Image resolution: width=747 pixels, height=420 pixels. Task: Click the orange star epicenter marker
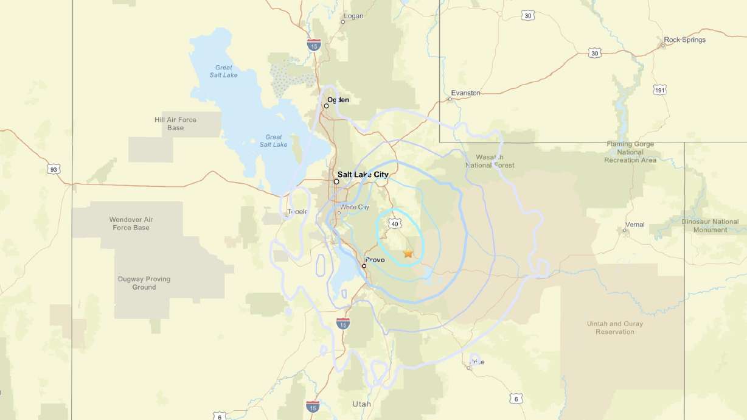coord(408,253)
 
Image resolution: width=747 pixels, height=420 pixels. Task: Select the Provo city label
coord(375,260)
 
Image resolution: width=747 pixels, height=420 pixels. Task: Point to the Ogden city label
coord(338,100)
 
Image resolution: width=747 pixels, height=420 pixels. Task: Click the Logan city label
coord(353,16)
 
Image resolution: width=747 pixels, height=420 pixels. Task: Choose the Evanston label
coord(465,93)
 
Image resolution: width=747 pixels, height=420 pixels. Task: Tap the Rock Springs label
coord(685,40)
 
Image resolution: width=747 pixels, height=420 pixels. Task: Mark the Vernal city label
coord(634,225)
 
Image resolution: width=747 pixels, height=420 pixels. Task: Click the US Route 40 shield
coord(395,224)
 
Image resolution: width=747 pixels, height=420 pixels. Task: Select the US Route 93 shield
coord(55,169)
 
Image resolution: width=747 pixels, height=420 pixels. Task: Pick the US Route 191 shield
coord(660,90)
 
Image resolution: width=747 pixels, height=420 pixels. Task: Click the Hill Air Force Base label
coord(175,124)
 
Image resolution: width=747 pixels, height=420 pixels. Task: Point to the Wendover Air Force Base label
coord(131,223)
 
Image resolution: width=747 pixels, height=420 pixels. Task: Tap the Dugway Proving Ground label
coord(144,283)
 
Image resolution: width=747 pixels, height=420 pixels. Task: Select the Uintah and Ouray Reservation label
coord(614,328)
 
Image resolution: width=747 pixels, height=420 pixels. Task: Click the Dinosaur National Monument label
coord(711,226)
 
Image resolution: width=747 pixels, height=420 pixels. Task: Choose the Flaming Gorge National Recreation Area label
coord(630,152)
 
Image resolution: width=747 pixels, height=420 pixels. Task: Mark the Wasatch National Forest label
coord(490,161)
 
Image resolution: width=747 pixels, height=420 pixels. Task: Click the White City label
coord(355,207)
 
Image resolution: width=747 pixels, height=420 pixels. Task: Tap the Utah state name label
coord(361,404)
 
